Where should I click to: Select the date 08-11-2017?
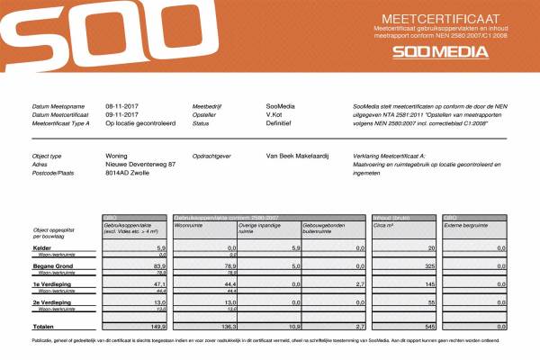click(121, 106)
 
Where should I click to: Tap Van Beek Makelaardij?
click(301, 156)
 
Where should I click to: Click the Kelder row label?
click(41, 247)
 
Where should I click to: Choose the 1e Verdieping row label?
click(50, 284)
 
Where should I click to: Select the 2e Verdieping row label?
click(50, 303)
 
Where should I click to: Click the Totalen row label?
click(44, 326)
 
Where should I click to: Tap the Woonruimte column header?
click(192, 224)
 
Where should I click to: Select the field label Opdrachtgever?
click(212, 156)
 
